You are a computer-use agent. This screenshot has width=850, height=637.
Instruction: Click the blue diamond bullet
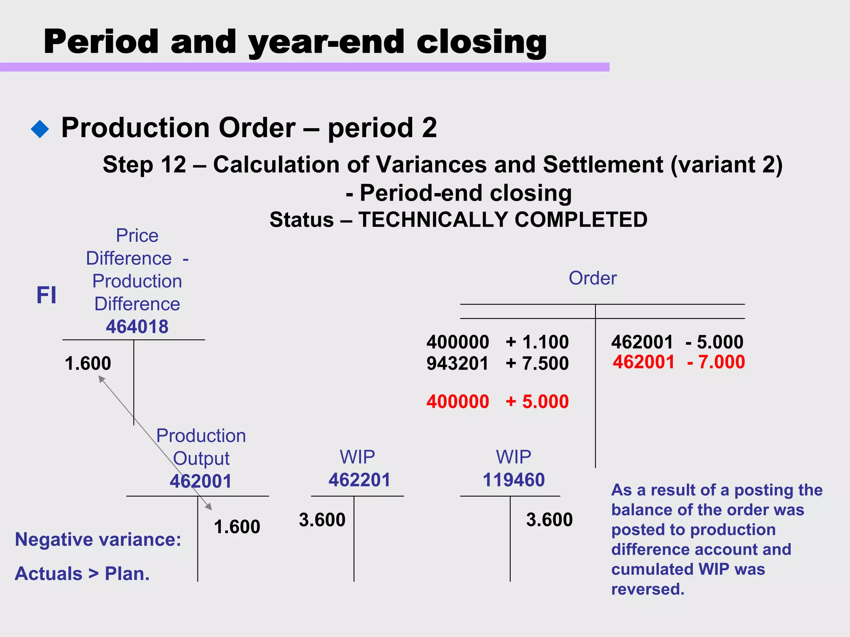(40, 129)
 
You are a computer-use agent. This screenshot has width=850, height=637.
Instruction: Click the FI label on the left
(46, 295)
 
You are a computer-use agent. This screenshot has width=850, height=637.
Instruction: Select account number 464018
(137, 327)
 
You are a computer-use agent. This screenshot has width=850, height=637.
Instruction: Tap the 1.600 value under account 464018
(88, 364)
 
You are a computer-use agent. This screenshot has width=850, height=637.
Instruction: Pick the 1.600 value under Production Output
(237, 527)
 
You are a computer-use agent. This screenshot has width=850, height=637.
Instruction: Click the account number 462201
(359, 480)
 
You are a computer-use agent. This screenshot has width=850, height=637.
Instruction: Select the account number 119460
(513, 480)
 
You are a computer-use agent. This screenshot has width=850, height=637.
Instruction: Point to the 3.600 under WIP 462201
(322, 520)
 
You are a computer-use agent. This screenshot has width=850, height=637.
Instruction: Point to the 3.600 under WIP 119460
(549, 520)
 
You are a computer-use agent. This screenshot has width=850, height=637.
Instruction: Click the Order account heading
(592, 278)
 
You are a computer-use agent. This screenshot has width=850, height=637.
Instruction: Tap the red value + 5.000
(537, 402)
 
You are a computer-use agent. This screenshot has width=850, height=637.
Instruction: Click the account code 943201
(457, 364)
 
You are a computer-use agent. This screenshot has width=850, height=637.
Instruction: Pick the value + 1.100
(537, 342)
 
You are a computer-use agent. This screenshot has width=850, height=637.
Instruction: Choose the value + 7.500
(537, 364)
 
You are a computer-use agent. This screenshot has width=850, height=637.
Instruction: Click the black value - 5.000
(714, 342)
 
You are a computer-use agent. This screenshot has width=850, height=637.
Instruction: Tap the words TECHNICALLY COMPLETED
(503, 220)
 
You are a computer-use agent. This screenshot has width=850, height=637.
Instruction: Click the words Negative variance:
(98, 540)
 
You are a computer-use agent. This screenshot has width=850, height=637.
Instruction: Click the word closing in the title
(481, 42)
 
